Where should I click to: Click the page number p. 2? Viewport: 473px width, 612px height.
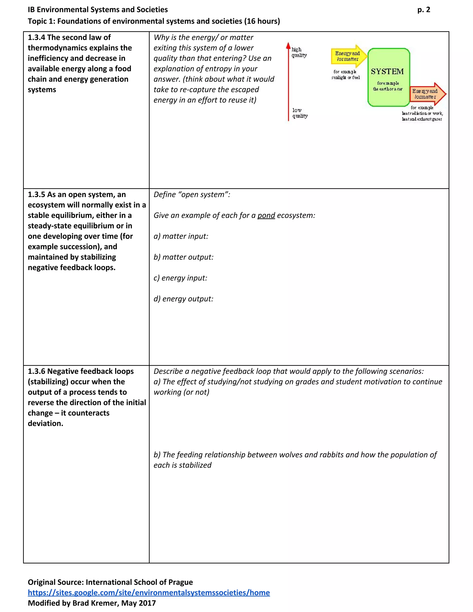click(x=423, y=10)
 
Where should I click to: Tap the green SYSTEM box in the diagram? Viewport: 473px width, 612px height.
click(x=388, y=77)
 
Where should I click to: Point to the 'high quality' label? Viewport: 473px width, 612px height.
click(x=299, y=52)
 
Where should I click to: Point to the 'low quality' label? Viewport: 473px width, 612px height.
click(x=300, y=113)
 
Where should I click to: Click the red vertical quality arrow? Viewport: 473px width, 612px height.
click(x=288, y=81)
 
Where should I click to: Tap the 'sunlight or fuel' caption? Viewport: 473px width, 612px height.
click(x=345, y=78)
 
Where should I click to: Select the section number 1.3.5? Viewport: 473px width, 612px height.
click(x=36, y=195)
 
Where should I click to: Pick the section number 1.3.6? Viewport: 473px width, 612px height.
click(x=36, y=371)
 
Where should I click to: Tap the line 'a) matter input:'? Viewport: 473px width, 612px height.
click(x=181, y=236)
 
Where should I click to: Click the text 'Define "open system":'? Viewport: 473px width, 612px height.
click(x=192, y=195)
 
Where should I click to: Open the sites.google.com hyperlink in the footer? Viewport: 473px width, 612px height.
click(x=149, y=593)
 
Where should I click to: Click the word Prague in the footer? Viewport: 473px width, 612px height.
click(x=180, y=582)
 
